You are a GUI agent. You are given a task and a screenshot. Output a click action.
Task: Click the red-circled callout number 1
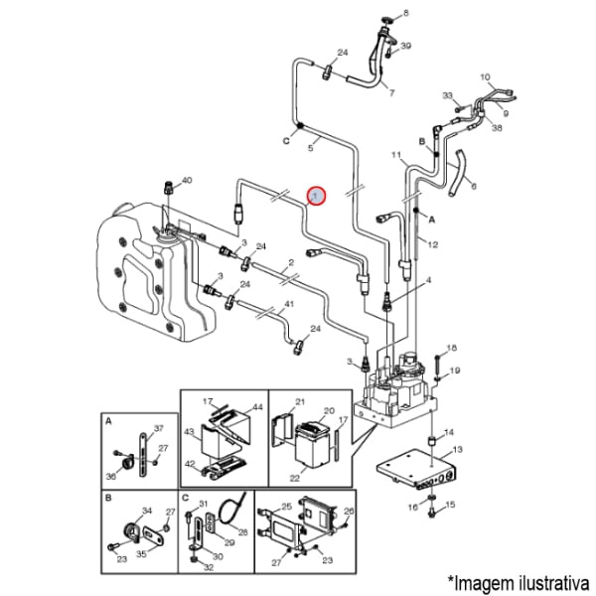316,197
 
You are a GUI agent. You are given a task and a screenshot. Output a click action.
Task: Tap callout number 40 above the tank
187,180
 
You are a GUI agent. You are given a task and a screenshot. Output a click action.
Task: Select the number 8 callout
404,13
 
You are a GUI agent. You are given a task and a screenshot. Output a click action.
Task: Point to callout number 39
405,47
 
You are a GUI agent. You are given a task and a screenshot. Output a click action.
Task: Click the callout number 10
486,76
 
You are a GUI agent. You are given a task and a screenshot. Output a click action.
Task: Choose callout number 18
451,348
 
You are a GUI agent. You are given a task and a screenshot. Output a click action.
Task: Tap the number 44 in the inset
228,407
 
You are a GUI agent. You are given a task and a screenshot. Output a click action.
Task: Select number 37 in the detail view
157,429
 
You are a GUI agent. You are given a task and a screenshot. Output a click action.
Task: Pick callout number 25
285,506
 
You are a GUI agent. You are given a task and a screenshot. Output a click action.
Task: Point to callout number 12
433,244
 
